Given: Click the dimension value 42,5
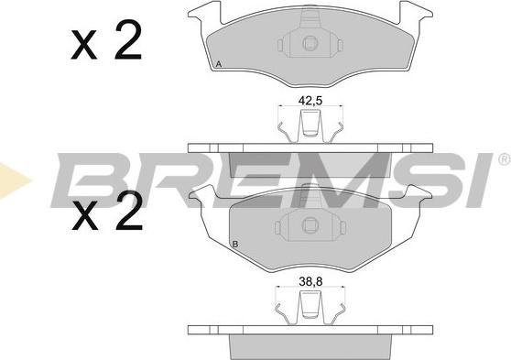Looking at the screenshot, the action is point(310,101).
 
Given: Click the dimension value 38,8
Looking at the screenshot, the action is point(310,281).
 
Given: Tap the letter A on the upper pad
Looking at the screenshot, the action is point(219,64).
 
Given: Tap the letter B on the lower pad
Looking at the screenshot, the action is point(235,244).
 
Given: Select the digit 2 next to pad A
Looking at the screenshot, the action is point(128,39).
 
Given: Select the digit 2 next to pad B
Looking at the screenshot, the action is point(129,211).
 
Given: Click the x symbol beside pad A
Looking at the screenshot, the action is point(84,45).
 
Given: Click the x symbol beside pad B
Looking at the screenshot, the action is point(85,215).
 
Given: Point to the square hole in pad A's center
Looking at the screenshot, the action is point(309,43).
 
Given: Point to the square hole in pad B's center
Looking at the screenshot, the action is point(308,224).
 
